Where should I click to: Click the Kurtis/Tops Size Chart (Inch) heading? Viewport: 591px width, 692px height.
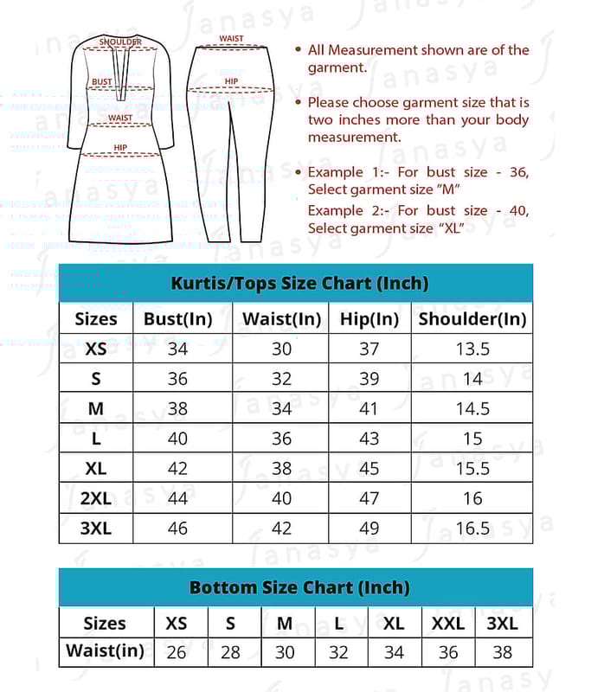coord(299,283)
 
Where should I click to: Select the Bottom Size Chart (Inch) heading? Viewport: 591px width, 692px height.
coord(299,587)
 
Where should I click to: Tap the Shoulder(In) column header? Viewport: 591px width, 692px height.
coord(472,318)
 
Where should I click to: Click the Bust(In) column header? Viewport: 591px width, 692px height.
coord(177,318)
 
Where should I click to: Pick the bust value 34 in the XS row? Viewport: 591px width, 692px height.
coord(177,349)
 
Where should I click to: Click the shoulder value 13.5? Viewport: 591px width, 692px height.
coord(472,349)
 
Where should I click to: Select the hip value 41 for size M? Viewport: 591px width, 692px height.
coord(369,408)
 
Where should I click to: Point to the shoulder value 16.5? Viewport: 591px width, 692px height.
coord(472,528)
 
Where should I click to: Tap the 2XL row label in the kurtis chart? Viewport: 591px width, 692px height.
coord(95,498)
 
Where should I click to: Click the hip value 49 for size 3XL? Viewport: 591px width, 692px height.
coord(369,528)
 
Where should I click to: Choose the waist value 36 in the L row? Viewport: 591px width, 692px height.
coord(282,439)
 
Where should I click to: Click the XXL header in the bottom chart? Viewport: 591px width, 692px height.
coord(448,623)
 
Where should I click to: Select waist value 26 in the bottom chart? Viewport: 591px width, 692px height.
coord(176,652)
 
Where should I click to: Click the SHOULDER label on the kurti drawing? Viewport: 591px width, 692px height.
coord(121,42)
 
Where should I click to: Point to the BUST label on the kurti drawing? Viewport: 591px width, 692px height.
coord(102,82)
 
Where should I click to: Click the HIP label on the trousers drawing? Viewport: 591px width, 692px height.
coord(231,81)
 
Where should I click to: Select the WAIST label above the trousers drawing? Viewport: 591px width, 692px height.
coord(231,39)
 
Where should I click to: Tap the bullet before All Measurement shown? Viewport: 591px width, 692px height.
coord(299,51)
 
